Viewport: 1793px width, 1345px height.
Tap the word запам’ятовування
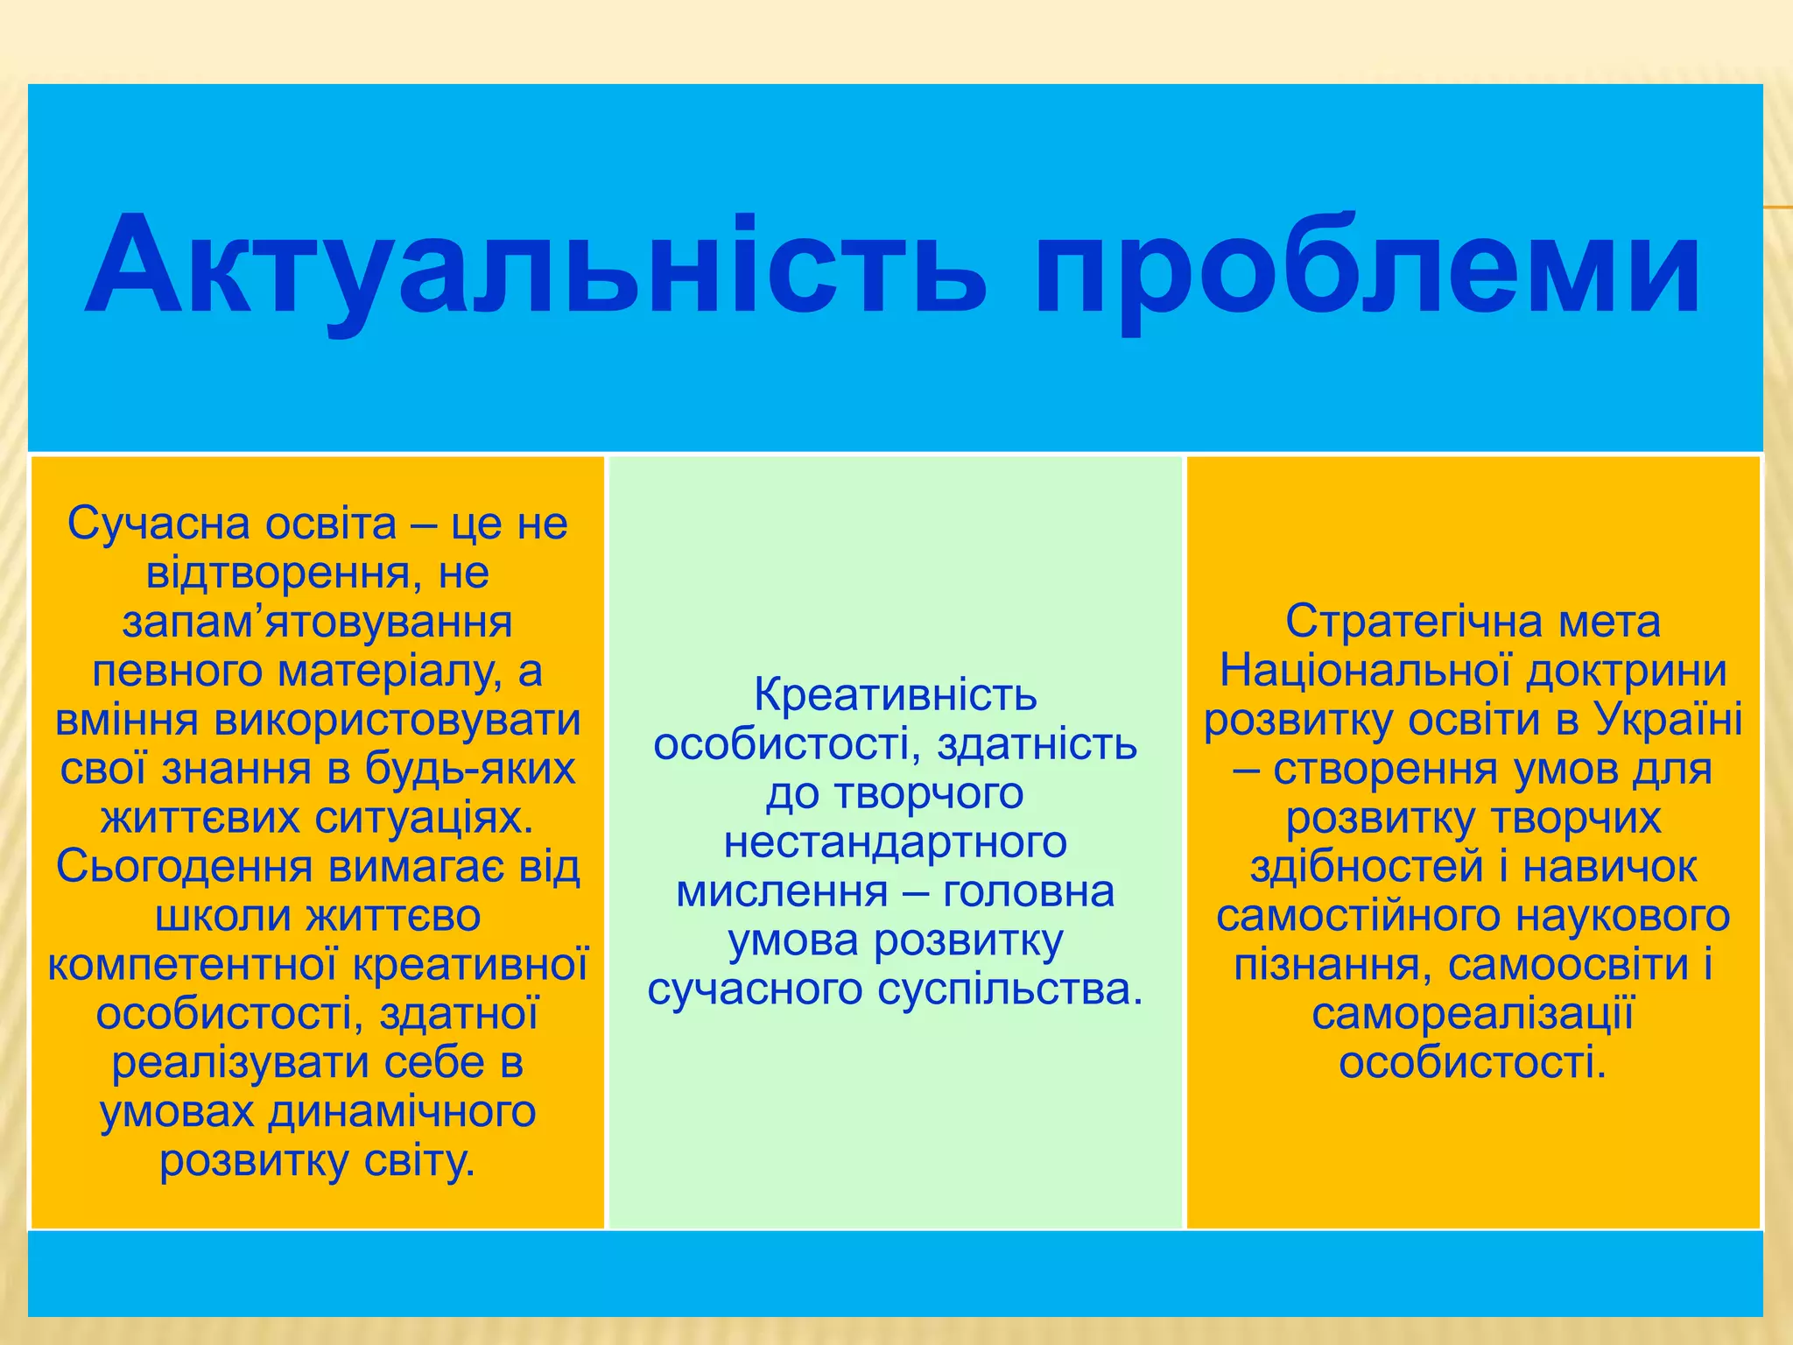tap(317, 623)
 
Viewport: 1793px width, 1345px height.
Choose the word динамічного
tap(402, 1112)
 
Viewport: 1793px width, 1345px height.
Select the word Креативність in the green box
tap(895, 695)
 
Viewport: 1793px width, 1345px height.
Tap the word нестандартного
tap(895, 842)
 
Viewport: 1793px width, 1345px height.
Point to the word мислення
tap(782, 892)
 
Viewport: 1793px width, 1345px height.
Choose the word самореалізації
tap(1473, 1014)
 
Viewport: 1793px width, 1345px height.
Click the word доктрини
tap(1626, 672)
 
